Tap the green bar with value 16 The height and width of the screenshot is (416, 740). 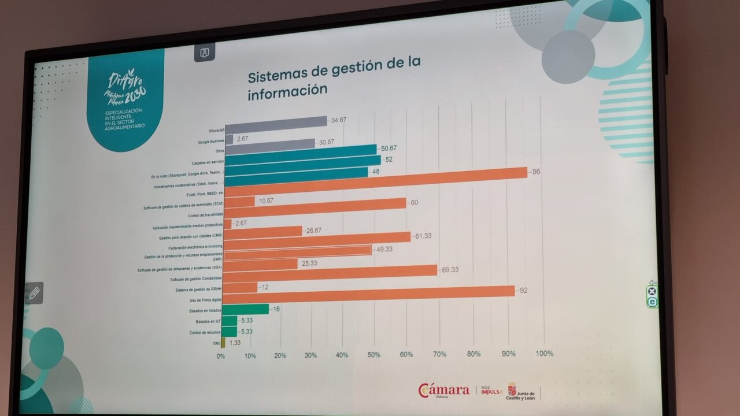pos(245,310)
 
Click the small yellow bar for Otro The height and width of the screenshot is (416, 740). pos(223,343)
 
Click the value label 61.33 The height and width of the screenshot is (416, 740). pos(425,236)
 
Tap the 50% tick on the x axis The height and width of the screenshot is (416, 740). pos(373,355)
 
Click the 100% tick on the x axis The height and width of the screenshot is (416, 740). pos(544,353)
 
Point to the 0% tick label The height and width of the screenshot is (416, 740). pos(221,356)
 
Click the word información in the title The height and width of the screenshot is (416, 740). pos(288,91)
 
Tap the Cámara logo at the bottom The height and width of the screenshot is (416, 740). pos(443,390)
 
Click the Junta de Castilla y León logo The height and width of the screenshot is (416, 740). pos(520,391)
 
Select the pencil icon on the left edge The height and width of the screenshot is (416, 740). pos(34,292)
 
